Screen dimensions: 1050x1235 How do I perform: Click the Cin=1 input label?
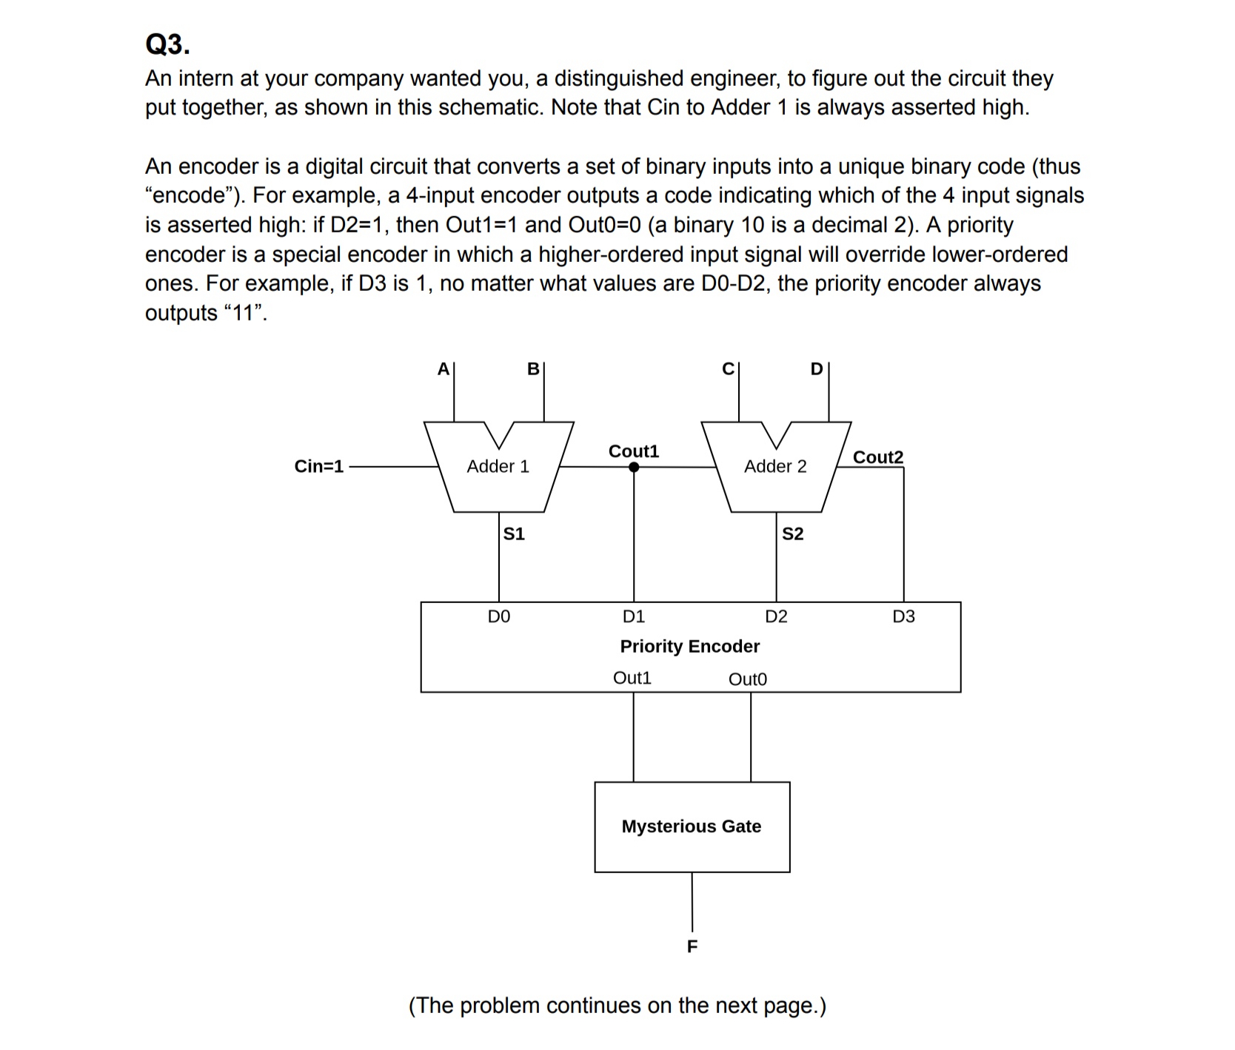tap(319, 466)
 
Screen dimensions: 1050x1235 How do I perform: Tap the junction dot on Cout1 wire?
tap(634, 467)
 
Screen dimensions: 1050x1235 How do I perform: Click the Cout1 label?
tap(633, 451)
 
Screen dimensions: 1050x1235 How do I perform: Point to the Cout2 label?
tap(878, 457)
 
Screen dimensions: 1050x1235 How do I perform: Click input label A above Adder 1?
tap(444, 368)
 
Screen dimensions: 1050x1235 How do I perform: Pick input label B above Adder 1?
tap(533, 368)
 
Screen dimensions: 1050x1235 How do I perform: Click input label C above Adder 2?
tap(729, 368)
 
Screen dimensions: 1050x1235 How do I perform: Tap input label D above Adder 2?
tap(817, 368)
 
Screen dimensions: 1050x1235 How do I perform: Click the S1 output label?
tap(514, 534)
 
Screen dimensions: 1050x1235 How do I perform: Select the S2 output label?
tap(792, 534)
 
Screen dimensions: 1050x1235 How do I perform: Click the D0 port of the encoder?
tap(499, 616)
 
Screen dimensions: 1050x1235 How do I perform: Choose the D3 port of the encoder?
tap(903, 616)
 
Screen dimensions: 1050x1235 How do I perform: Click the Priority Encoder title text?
tap(690, 646)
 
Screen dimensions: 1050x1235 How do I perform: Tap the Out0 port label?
tap(748, 679)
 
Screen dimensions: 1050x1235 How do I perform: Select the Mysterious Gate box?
tap(692, 827)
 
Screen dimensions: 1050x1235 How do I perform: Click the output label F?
tap(692, 946)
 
